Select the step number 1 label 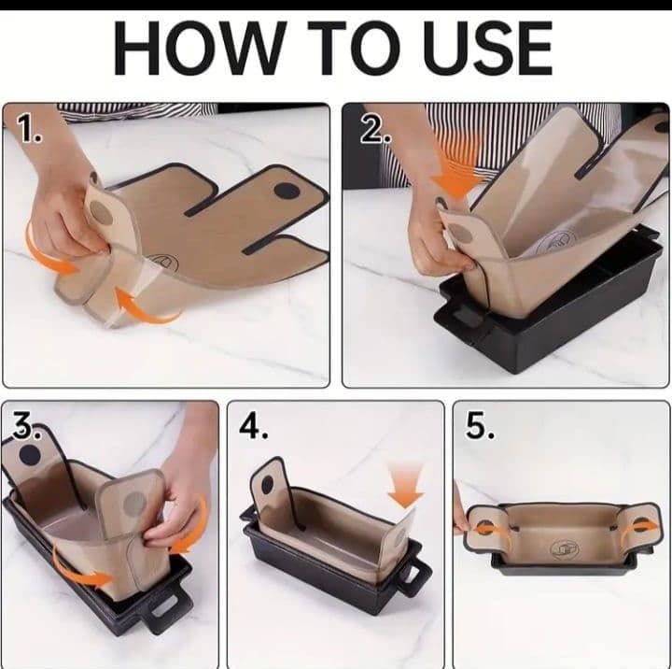pos(29,130)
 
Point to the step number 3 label pos(26,426)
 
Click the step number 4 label pos(254,427)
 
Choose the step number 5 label pos(480,426)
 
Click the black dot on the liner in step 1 pos(287,190)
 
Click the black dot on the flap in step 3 pos(30,455)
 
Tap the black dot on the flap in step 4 pos(267,485)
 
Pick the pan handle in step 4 pos(413,575)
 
